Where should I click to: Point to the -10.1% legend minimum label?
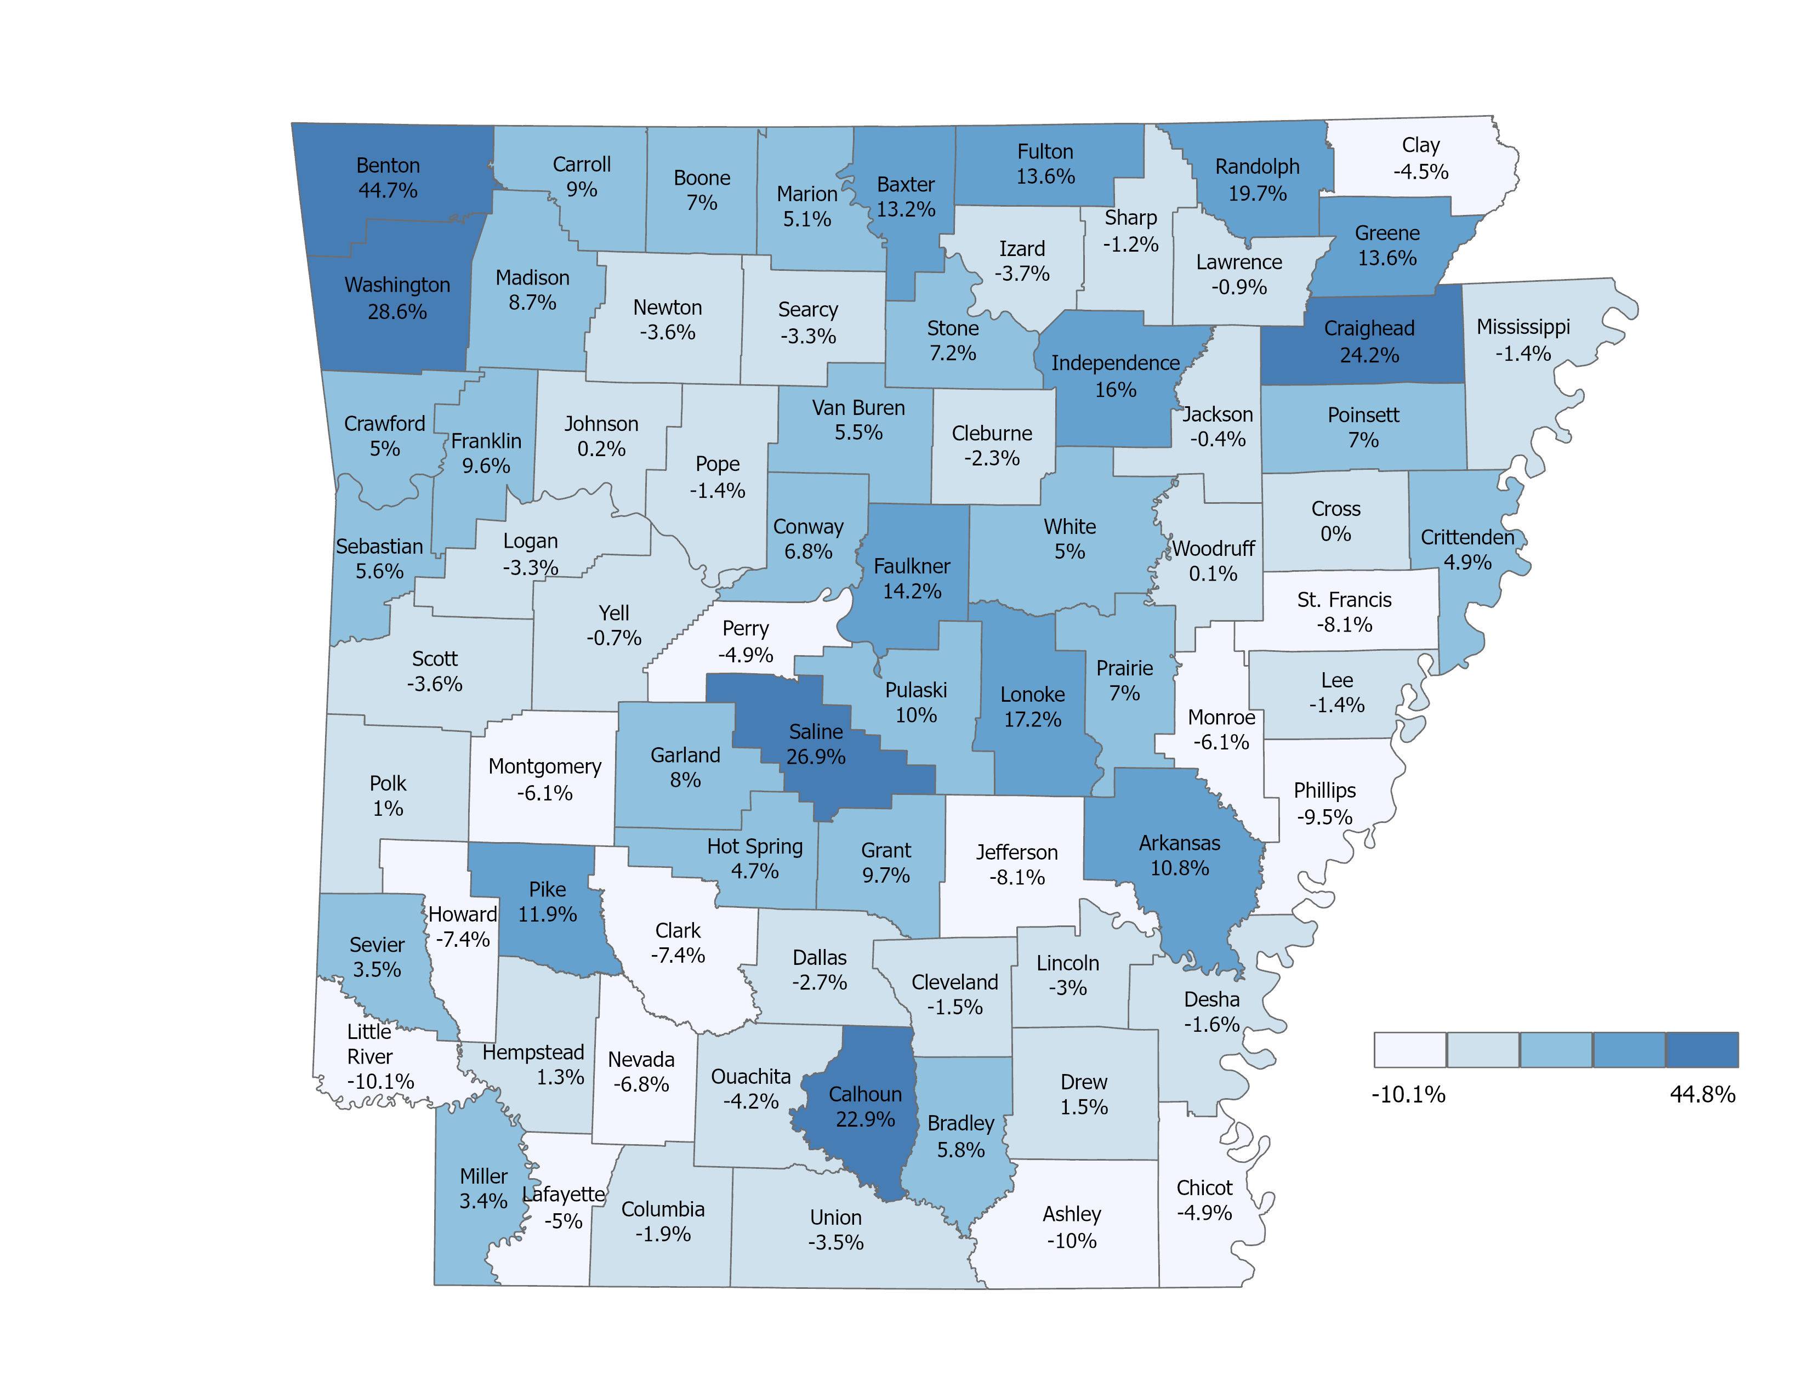(x=1408, y=1095)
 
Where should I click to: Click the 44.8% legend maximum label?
(x=1702, y=1095)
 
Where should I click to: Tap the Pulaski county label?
(x=915, y=690)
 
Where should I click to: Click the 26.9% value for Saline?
(x=815, y=757)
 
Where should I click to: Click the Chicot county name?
(x=1204, y=1187)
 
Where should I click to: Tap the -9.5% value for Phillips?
(x=1324, y=817)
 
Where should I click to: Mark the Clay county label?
(x=1420, y=146)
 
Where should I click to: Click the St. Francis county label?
(x=1344, y=600)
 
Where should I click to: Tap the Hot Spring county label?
(x=755, y=846)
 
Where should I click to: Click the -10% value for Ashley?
(x=1071, y=1241)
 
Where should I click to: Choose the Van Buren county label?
(x=858, y=407)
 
